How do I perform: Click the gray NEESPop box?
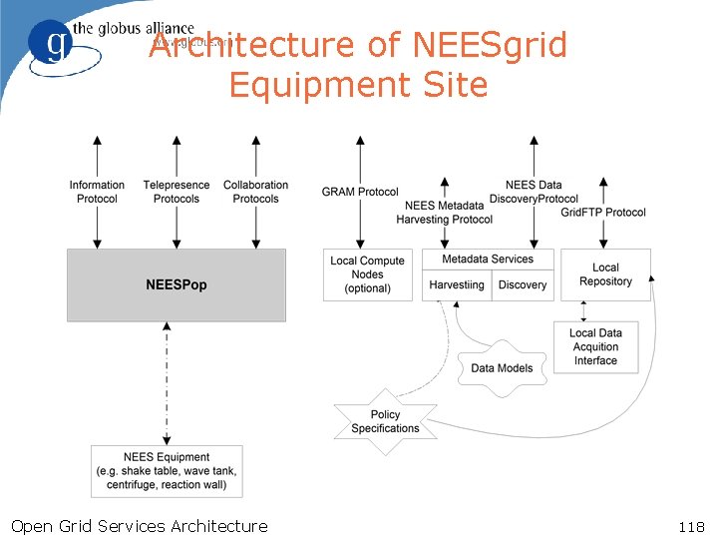[x=176, y=285]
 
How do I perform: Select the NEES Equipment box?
[x=168, y=471]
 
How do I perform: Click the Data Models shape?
[x=502, y=367]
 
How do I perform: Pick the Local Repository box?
[x=605, y=274]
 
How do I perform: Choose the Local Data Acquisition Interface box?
[x=595, y=347]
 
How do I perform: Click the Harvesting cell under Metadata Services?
[x=457, y=284]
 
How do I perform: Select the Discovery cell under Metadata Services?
[x=523, y=284]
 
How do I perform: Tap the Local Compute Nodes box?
[x=367, y=274]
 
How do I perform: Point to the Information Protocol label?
[x=97, y=192]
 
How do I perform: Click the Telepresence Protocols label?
[x=177, y=192]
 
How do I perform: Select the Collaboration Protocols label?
[x=255, y=192]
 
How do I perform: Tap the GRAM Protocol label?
[x=360, y=192]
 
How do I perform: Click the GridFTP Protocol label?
[x=603, y=212]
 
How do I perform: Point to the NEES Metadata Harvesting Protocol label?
[x=445, y=213]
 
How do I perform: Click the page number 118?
[x=690, y=526]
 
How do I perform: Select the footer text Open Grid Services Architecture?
[x=139, y=526]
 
